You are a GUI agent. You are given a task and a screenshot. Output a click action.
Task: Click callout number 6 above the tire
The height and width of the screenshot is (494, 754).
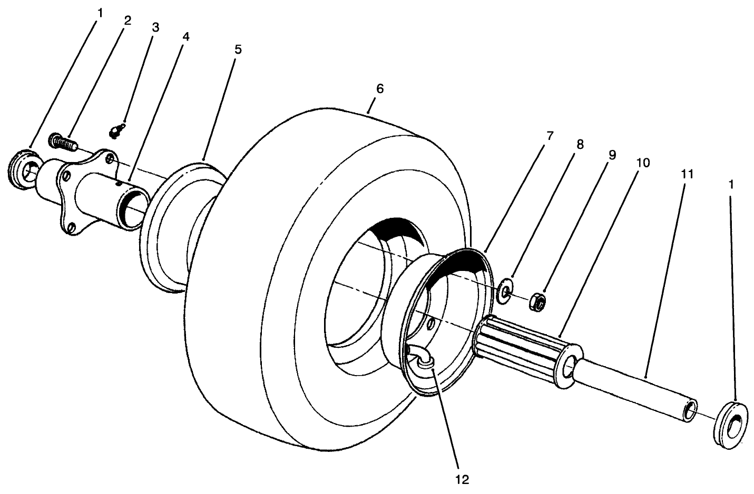pos(379,88)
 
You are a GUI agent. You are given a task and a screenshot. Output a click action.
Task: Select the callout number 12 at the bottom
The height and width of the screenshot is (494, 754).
pos(462,479)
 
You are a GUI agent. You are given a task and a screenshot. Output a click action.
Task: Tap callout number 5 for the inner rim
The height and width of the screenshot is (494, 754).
pos(238,49)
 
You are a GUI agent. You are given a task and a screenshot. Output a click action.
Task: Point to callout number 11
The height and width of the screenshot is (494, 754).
pos(687,173)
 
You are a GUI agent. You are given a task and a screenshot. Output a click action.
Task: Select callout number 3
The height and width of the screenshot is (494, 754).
pos(154,27)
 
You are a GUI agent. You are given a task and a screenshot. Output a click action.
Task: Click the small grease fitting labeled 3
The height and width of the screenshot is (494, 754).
pos(117,130)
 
